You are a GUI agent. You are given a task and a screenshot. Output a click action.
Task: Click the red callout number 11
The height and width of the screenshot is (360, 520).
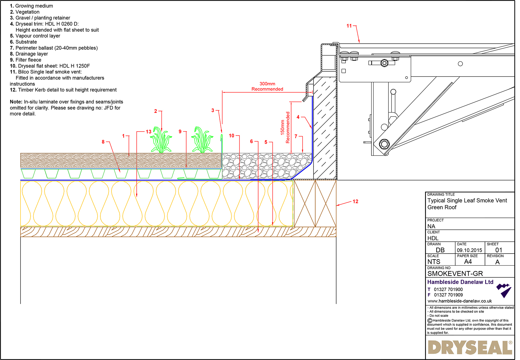(x=349, y=26)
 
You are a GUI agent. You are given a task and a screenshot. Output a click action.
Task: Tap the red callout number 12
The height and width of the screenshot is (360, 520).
(x=355, y=201)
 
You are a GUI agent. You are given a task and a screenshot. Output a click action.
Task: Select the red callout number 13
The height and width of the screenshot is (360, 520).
(x=148, y=132)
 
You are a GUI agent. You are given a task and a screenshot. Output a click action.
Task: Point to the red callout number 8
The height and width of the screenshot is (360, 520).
(x=103, y=142)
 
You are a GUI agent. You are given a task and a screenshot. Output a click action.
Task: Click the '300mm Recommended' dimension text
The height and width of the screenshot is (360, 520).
(x=267, y=87)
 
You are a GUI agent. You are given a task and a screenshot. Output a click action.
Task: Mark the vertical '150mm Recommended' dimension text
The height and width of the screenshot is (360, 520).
(x=285, y=127)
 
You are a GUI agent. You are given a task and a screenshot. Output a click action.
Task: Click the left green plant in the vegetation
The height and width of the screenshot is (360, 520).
(x=161, y=140)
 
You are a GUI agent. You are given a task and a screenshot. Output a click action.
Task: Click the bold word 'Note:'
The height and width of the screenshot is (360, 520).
(x=16, y=102)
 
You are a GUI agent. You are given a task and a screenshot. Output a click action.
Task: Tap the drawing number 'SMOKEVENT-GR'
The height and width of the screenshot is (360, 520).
(x=455, y=273)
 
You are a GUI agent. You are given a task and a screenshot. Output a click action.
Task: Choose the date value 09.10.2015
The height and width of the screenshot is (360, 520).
(x=469, y=250)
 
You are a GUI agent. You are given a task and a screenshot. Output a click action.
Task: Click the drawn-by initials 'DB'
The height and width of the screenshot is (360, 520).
(x=440, y=250)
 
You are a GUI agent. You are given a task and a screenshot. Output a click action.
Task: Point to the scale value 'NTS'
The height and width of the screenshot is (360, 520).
(x=434, y=262)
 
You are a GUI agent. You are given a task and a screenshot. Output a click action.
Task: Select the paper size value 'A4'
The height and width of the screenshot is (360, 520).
(x=468, y=262)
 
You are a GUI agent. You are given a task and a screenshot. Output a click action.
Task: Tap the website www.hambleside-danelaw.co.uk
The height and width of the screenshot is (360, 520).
(x=460, y=301)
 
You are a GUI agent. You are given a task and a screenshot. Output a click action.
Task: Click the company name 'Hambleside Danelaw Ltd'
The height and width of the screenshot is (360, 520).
(x=460, y=282)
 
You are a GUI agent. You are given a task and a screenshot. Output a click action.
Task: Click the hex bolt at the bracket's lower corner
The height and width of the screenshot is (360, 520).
(x=384, y=144)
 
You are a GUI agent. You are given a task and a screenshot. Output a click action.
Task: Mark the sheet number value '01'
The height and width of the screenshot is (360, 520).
(x=499, y=250)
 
